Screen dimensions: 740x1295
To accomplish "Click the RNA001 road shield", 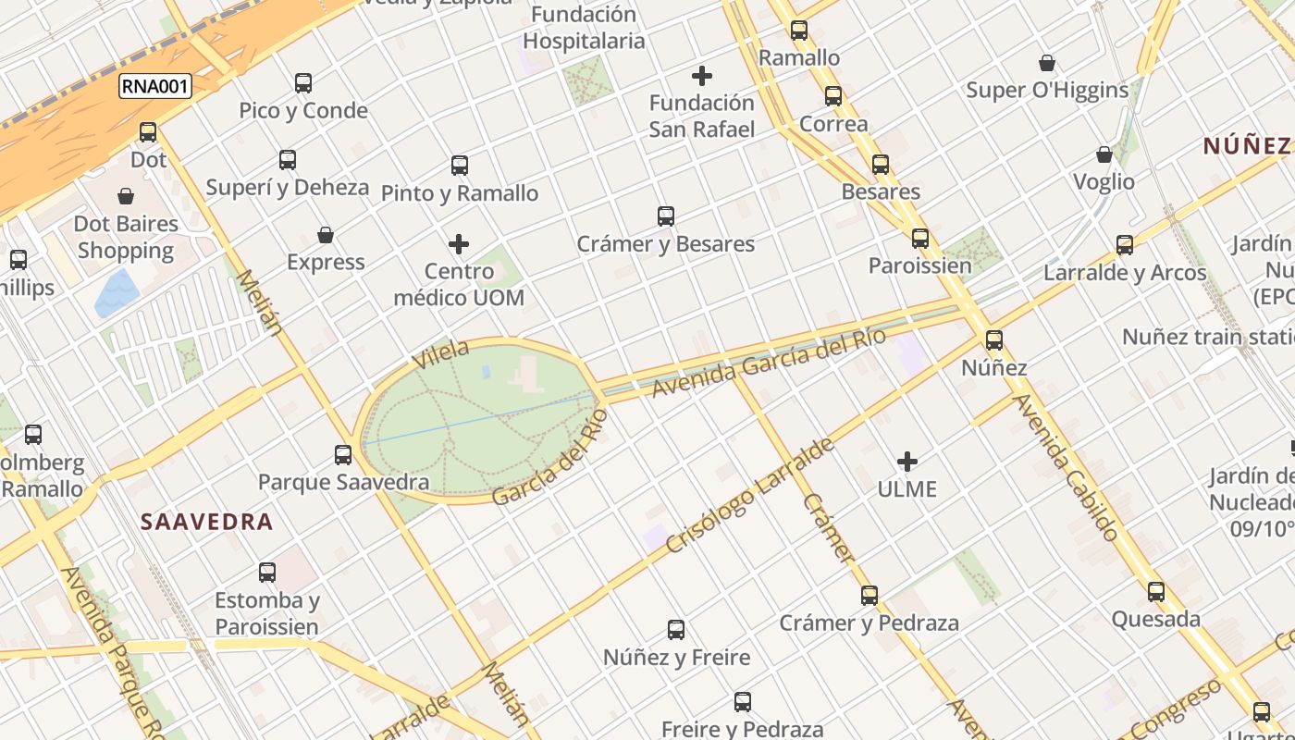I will point(155,87).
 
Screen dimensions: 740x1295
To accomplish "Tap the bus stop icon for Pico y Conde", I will point(303,83).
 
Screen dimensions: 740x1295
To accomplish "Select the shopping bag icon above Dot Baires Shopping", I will point(126,196).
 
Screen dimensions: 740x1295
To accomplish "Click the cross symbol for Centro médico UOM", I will point(459,244).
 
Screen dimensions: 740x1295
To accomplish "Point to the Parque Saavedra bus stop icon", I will point(343,455).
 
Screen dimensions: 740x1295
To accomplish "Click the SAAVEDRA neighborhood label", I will point(207,522).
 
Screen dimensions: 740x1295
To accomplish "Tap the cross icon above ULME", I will point(907,462).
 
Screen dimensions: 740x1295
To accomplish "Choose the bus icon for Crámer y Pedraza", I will point(869,596).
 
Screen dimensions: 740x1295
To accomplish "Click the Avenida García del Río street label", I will point(769,362).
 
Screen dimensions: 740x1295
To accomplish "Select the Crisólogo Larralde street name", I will point(750,496).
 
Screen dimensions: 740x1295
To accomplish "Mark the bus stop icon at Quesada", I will point(1156,592).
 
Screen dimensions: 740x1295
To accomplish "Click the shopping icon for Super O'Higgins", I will point(1047,63).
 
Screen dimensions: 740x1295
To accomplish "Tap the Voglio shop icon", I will point(1104,154).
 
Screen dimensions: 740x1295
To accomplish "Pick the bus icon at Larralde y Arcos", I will point(1125,245).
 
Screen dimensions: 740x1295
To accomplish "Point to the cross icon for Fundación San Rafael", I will point(702,76).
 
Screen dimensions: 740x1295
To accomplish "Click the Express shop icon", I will point(326,235).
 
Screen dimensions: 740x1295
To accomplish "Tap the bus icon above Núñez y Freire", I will point(676,630).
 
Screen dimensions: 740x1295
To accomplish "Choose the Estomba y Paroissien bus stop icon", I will point(267,573).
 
